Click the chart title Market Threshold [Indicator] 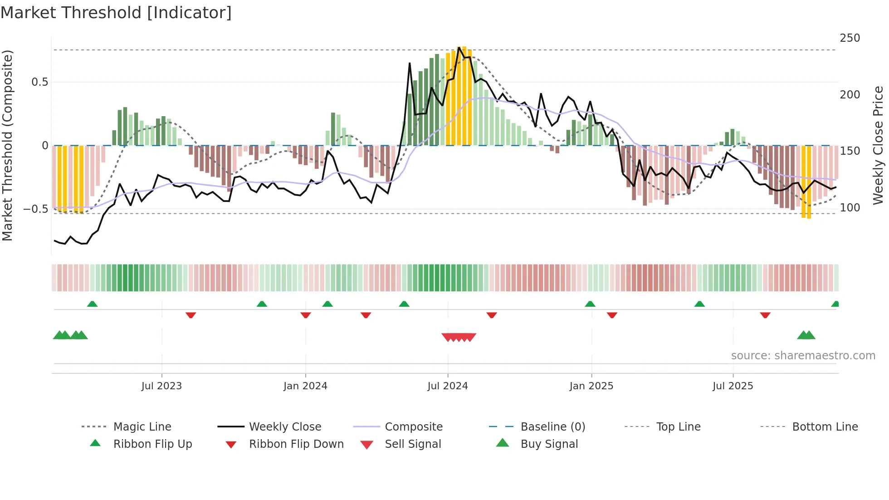[x=116, y=13]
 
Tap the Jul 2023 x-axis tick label [x=161, y=386]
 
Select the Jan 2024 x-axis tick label [x=305, y=386]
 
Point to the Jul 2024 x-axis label [x=448, y=386]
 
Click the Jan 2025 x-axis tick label [x=591, y=386]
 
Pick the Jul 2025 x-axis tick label [x=733, y=386]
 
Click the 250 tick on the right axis [x=850, y=38]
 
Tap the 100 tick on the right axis [x=850, y=208]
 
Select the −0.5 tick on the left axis [x=36, y=209]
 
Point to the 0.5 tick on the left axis [x=39, y=82]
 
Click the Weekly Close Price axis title [x=879, y=145]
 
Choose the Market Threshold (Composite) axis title [x=8, y=145]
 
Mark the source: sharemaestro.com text [x=803, y=356]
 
